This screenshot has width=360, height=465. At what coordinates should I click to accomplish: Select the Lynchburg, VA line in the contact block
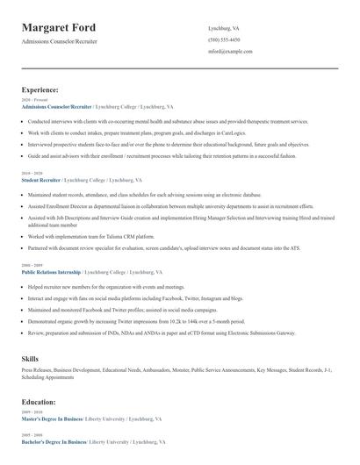tap(224, 28)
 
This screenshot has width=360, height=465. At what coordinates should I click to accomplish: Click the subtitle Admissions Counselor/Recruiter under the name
tap(60, 41)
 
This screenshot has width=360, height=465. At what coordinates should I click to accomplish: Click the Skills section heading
tap(30, 359)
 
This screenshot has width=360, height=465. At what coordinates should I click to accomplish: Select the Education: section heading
tap(39, 402)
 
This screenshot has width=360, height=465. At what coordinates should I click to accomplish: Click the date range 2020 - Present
tap(33, 100)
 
